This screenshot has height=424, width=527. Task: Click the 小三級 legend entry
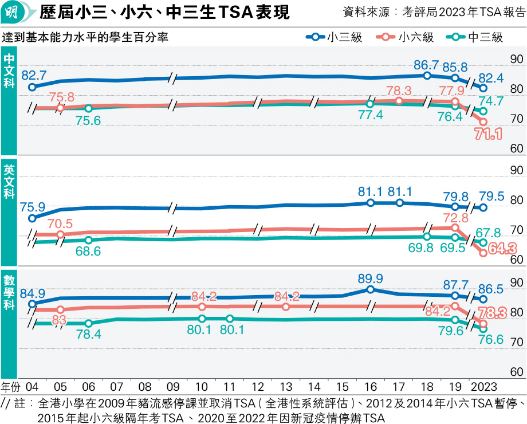[333, 38]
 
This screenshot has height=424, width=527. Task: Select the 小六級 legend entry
[408, 38]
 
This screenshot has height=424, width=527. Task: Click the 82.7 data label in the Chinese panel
[34, 74]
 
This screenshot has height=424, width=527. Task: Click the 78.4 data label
[89, 335]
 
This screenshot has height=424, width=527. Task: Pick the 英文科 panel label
[9, 183]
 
